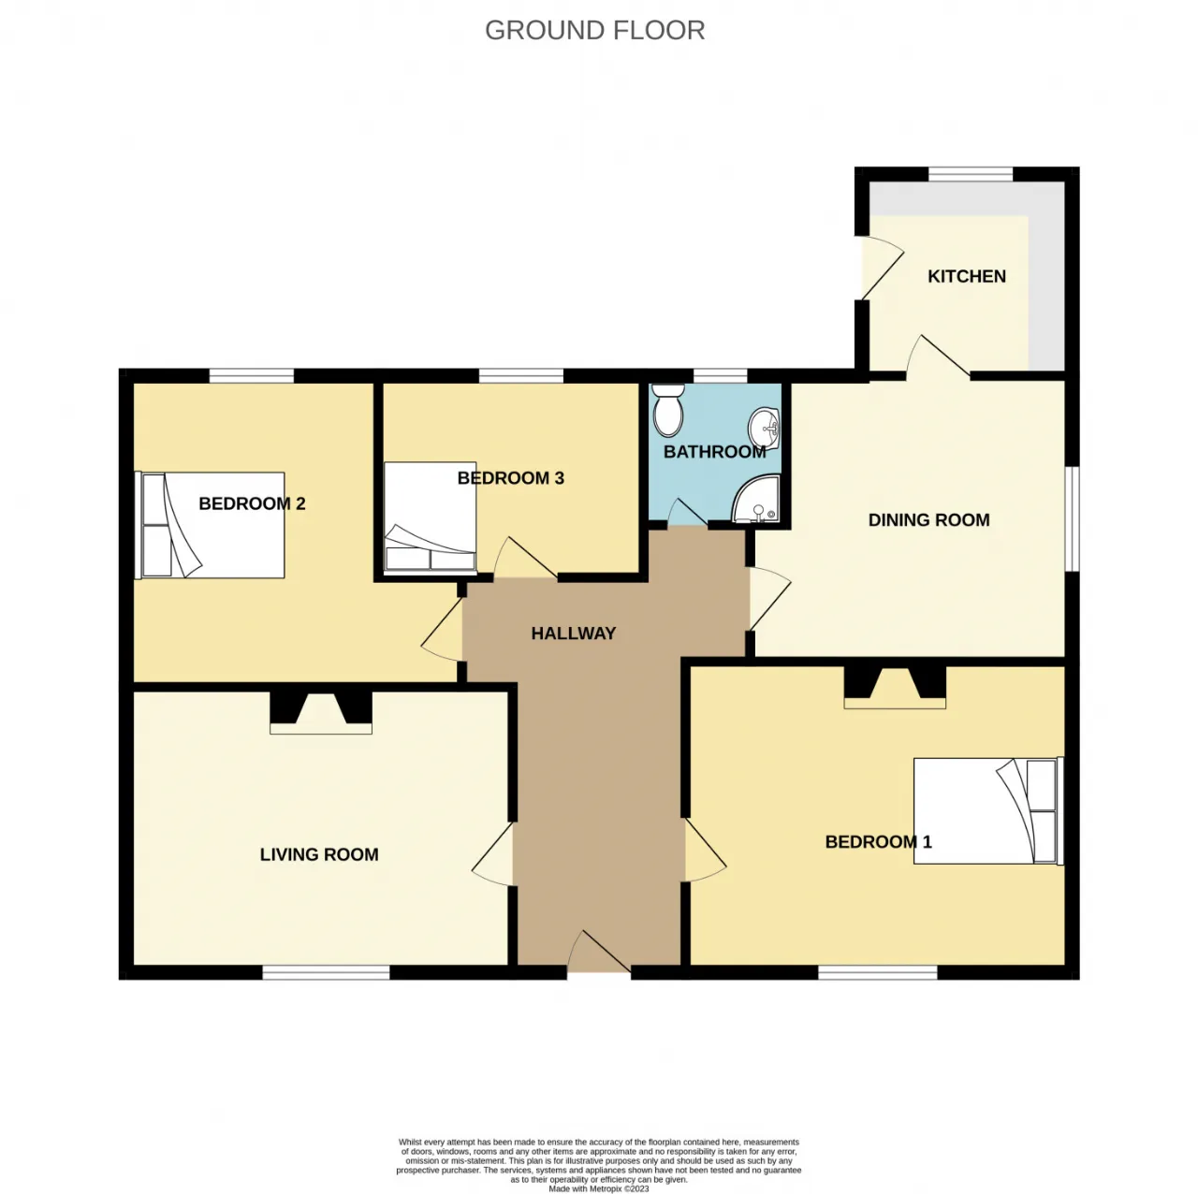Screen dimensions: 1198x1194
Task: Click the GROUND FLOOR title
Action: tap(594, 30)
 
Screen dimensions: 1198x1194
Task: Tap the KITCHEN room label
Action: tap(966, 276)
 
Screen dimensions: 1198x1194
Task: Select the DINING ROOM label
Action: tap(928, 519)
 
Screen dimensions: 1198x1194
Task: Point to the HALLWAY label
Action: tap(573, 633)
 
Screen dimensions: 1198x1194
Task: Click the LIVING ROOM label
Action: tap(319, 854)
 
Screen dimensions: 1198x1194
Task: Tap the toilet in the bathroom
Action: tap(668, 409)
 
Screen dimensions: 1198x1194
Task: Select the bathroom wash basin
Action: tap(765, 428)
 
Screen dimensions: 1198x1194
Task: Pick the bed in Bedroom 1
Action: tap(988, 810)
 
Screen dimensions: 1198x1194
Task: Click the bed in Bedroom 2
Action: tap(211, 525)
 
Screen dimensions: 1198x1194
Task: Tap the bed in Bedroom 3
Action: tap(431, 516)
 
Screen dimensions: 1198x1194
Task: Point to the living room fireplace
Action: tap(321, 712)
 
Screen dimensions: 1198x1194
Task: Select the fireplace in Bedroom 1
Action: tap(895, 688)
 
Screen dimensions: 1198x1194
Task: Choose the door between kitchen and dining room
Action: tap(939, 358)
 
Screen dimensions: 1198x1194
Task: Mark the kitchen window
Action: tap(971, 175)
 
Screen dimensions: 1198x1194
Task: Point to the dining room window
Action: tap(1073, 518)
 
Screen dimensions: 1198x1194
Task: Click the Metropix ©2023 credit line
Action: tap(599, 1188)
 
